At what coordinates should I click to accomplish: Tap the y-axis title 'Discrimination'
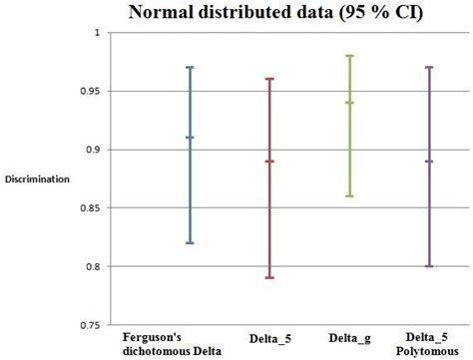pos(38,180)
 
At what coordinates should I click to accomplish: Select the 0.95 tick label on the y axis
pos(91,91)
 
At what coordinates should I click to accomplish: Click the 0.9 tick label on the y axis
pos(94,150)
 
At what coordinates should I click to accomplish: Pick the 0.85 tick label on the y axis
pos(91,207)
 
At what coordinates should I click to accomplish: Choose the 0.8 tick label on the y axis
pos(94,266)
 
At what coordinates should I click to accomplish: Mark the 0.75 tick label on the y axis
pos(91,325)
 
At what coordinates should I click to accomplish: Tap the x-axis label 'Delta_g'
pos(349,339)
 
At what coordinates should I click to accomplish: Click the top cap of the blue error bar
pos(190,67)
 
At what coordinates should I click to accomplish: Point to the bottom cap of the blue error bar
pos(190,243)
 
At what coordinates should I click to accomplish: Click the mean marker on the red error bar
pos(269,161)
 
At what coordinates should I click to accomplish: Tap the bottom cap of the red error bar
pos(269,278)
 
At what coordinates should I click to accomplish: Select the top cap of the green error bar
pos(349,56)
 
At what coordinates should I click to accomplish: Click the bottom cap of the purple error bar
pos(429,266)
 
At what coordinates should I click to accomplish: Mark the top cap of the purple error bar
pos(429,67)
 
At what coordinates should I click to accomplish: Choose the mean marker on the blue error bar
pos(190,138)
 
